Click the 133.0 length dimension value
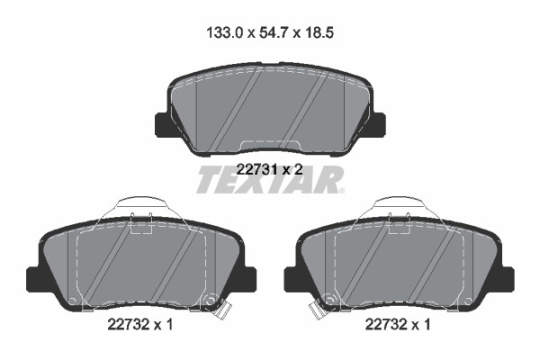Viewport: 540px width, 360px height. [225, 33]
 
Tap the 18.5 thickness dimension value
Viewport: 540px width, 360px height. [319, 33]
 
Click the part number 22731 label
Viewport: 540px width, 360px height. [256, 169]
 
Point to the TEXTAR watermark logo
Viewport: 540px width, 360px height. [271, 179]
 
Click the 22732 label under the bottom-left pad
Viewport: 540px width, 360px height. [128, 324]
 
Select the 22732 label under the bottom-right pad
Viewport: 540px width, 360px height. [386, 324]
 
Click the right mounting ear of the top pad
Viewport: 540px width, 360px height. [378, 125]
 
